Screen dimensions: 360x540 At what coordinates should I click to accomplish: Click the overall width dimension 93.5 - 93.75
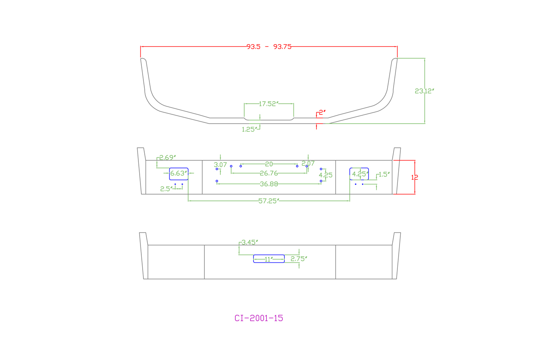269,47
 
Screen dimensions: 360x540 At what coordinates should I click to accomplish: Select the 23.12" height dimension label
424,91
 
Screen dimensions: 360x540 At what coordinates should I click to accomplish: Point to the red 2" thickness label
322,113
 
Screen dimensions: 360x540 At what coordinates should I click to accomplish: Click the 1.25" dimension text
249,130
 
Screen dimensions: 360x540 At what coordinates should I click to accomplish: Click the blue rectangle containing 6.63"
179,173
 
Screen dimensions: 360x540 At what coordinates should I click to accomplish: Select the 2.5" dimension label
166,189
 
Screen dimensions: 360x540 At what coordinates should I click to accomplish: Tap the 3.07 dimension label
221,165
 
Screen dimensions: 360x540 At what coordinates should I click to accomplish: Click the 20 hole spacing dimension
269,164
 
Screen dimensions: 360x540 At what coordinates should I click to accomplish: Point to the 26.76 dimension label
269,173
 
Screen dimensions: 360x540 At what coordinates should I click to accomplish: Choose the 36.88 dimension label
269,184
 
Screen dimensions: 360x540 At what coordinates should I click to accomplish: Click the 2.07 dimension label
308,163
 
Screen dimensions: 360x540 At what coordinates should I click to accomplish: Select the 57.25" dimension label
269,201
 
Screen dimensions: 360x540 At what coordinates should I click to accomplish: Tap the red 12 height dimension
415,177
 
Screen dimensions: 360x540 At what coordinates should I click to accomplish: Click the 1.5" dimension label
384,174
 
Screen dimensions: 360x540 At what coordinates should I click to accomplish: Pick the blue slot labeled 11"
269,259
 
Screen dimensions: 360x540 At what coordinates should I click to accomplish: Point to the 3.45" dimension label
249,242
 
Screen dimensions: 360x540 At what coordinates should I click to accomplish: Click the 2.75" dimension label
299,259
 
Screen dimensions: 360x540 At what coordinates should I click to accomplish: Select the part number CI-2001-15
259,318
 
